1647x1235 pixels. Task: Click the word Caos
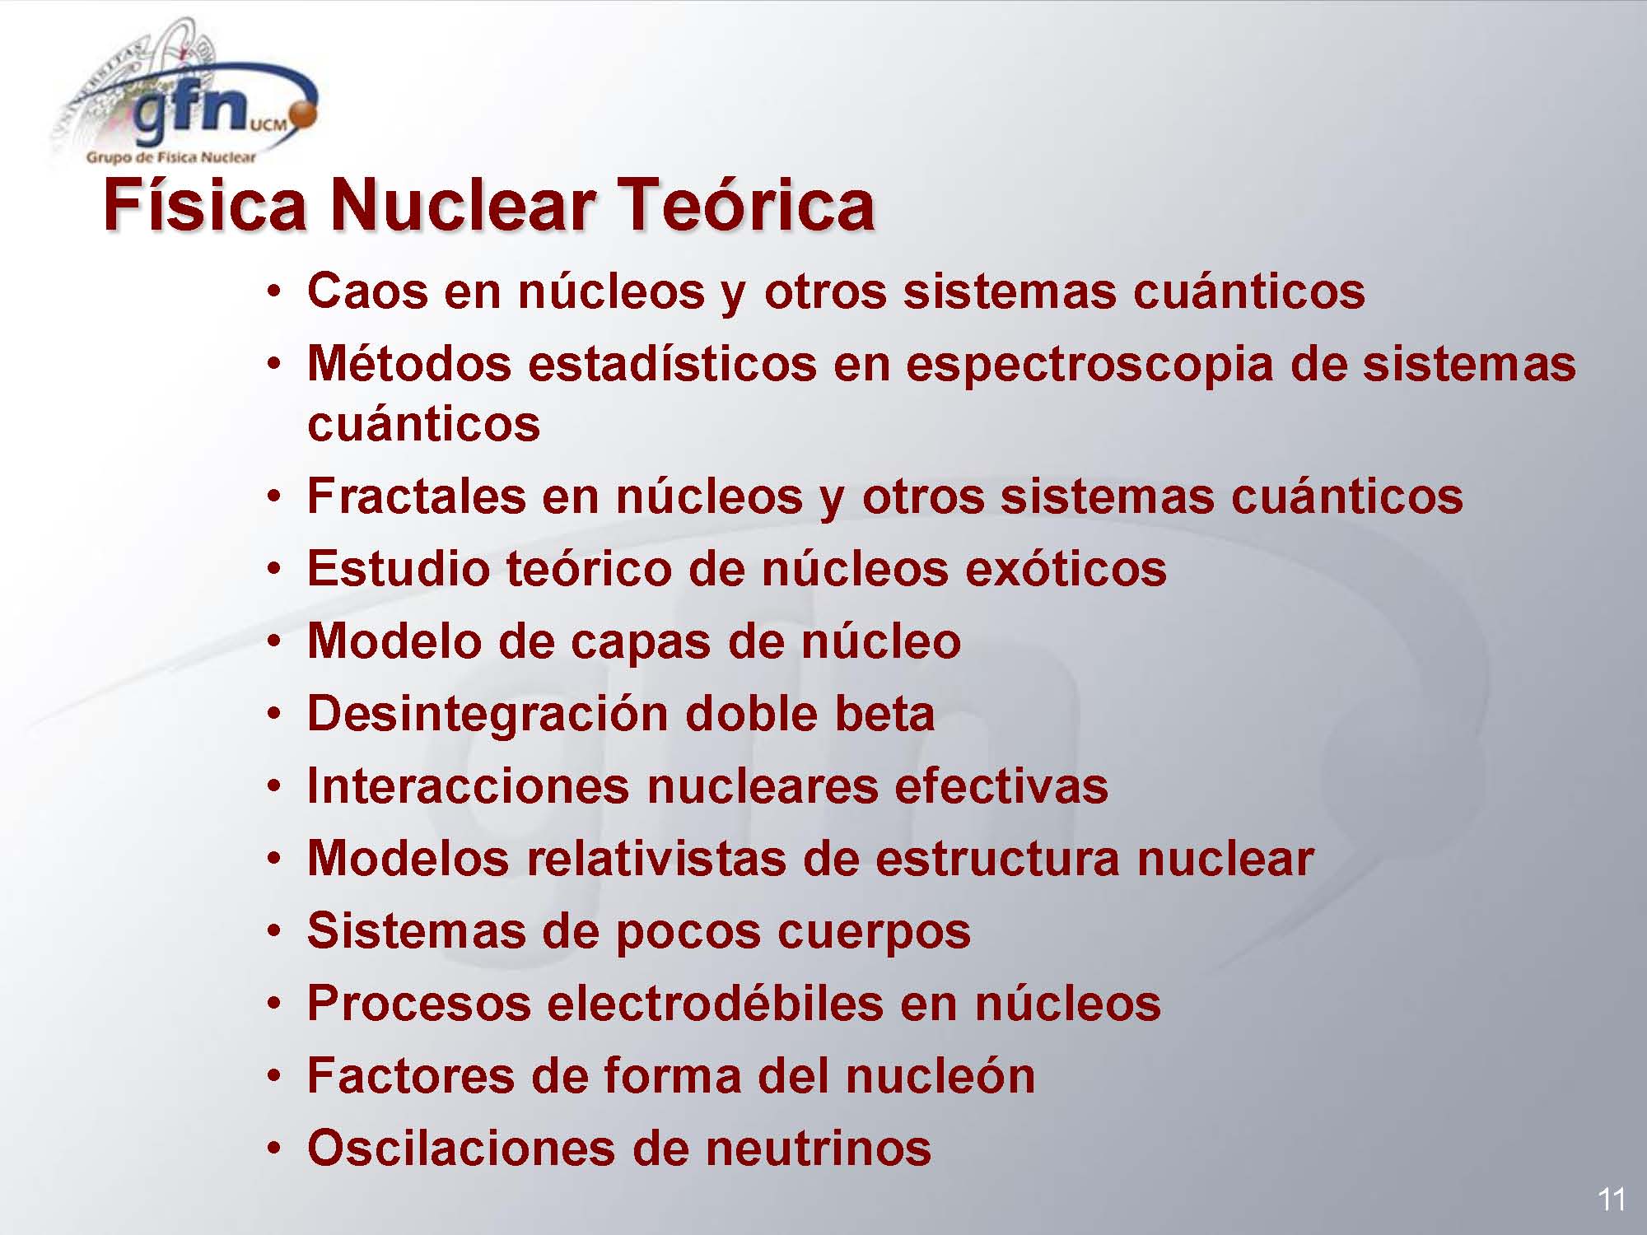[367, 291]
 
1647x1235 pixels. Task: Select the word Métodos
[409, 363]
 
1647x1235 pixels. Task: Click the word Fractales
[417, 496]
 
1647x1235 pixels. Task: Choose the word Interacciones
[468, 786]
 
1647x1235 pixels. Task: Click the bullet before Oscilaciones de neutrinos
[275, 1150]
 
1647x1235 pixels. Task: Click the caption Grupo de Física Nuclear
[171, 157]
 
